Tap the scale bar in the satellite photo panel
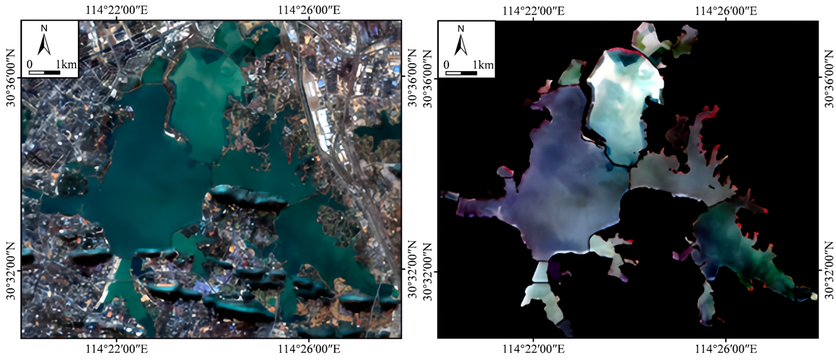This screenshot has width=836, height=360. pos(44,72)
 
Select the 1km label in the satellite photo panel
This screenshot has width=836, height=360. pos(66,65)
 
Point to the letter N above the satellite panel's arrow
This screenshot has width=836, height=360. pos(44,29)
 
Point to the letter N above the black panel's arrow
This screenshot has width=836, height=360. pos(461,29)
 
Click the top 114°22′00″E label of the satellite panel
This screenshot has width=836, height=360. pos(117,10)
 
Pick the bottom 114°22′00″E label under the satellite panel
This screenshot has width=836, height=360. pos(117,349)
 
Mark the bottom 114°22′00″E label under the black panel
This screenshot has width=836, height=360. pos(533,350)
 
